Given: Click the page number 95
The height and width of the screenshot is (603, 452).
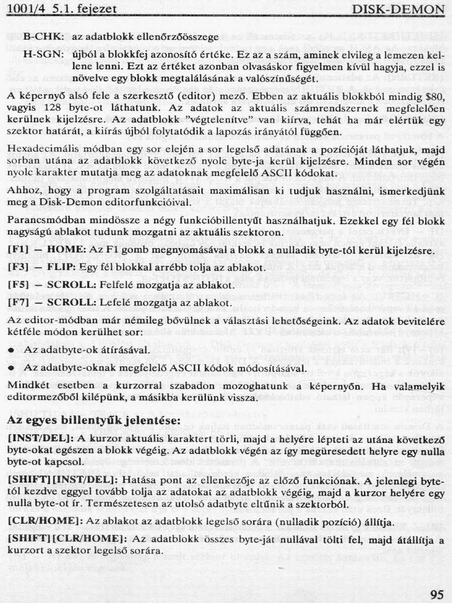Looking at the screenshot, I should point(437,595).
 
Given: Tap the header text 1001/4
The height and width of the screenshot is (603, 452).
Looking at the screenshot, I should point(25,9).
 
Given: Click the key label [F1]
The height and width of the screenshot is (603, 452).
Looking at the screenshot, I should point(18,250).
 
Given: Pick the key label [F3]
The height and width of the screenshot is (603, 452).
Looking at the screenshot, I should point(18,268).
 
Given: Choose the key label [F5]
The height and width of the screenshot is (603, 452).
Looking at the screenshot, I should point(18,285).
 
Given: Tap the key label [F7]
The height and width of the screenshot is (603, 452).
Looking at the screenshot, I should point(18,303).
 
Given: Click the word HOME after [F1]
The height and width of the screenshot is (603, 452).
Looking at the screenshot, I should point(63,250).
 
